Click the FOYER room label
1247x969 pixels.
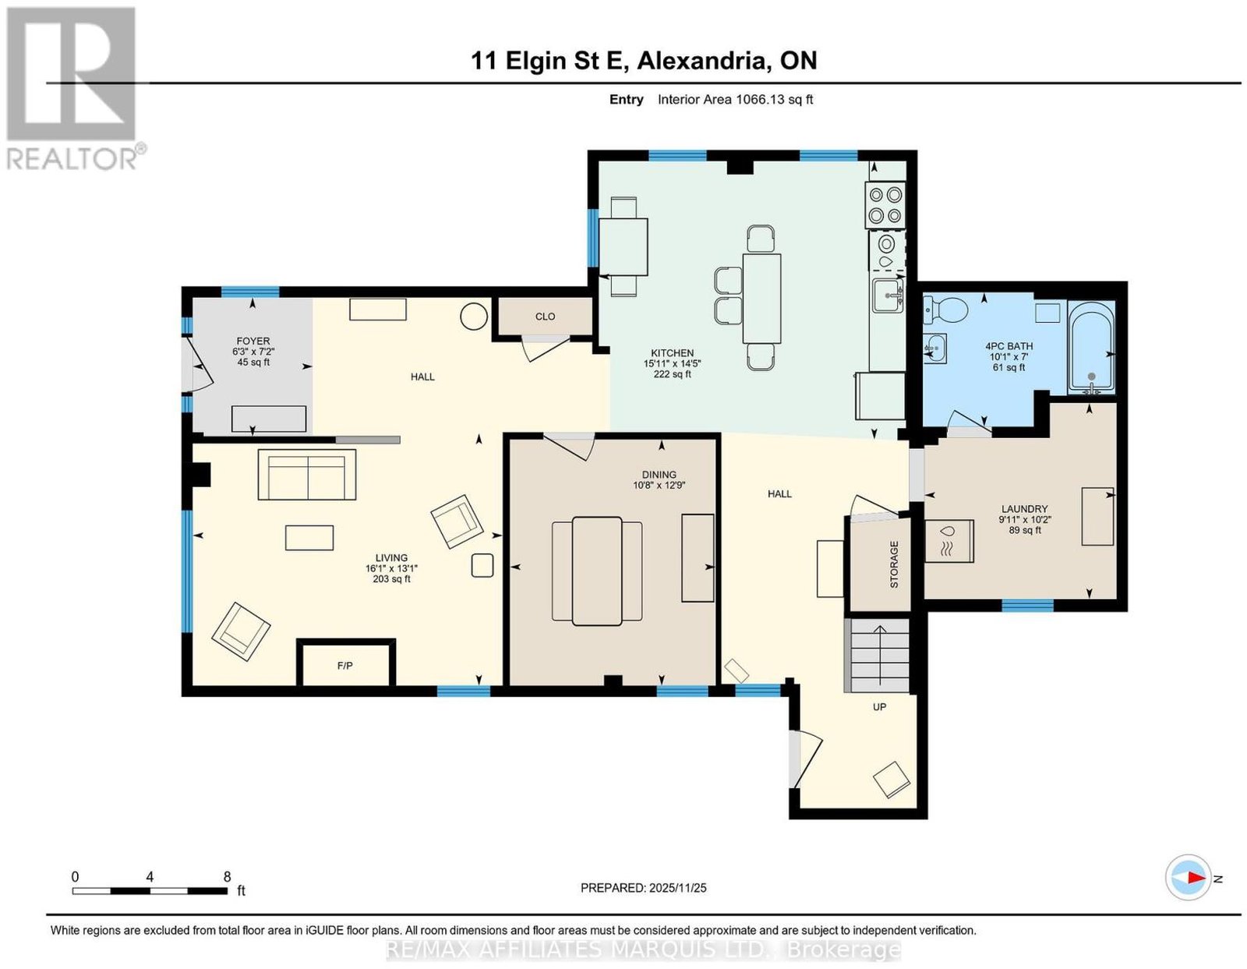coord(253,341)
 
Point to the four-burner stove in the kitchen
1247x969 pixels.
coord(885,205)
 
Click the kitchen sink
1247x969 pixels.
coord(887,295)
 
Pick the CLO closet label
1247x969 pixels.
coord(545,317)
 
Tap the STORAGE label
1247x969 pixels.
coord(893,564)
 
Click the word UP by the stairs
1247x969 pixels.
coord(879,707)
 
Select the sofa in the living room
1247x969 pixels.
coord(307,475)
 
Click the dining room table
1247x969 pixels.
coord(597,571)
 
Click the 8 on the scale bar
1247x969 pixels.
coord(228,877)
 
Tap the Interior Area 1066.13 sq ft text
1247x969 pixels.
coord(735,99)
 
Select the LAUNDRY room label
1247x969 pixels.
coord(1024,509)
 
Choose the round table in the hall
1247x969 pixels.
coord(474,317)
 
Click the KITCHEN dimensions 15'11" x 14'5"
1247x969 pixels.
coord(672,363)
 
